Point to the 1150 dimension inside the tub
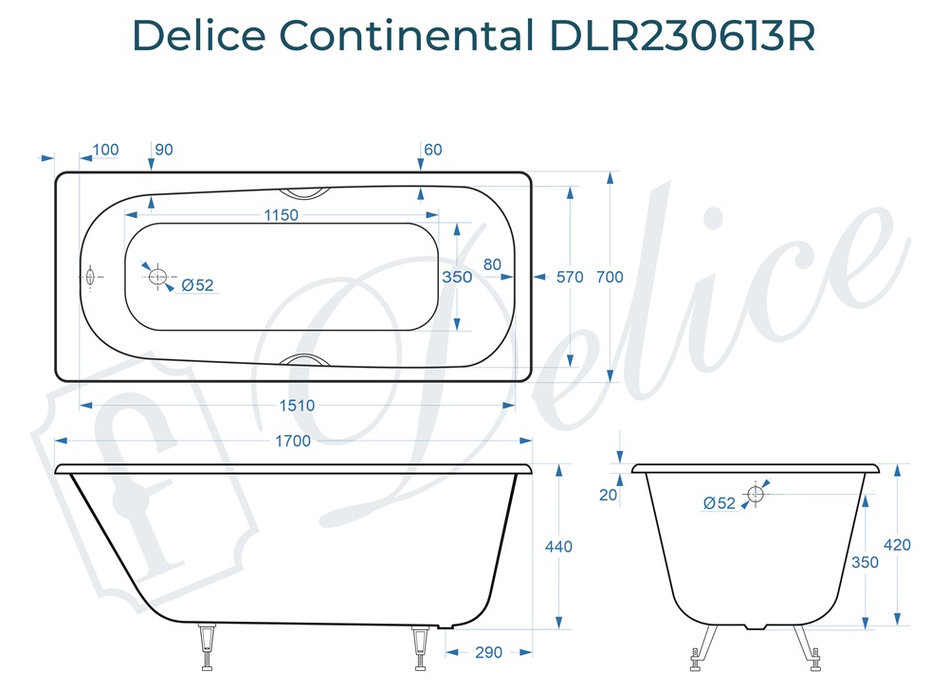pyautogui.click(x=280, y=215)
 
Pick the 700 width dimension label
pyautogui.click(x=610, y=277)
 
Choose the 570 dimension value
pyautogui.click(x=570, y=277)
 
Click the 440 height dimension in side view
pyautogui.click(x=558, y=547)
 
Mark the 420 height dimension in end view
pyautogui.click(x=896, y=545)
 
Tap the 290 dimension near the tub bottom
pyautogui.click(x=488, y=653)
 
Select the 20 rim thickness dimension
pyautogui.click(x=608, y=495)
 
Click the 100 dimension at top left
pyautogui.click(x=106, y=150)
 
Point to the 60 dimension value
pyautogui.click(x=433, y=150)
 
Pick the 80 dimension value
pyautogui.click(x=492, y=264)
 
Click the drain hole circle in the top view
pyautogui.click(x=157, y=277)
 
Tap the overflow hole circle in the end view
pyautogui.click(x=756, y=494)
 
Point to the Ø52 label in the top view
pyautogui.click(x=197, y=285)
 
